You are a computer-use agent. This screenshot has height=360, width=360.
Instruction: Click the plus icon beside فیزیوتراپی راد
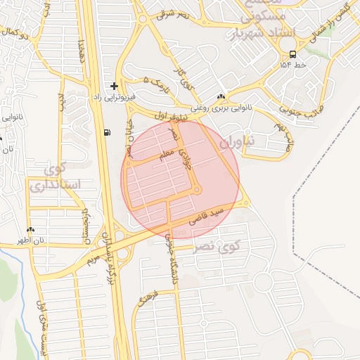pos(114,86)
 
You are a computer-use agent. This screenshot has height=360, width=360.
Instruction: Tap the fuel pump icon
pos(107,131)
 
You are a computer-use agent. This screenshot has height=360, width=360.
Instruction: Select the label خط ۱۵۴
pos(292,65)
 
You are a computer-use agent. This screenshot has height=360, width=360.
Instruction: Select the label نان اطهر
pos(31,240)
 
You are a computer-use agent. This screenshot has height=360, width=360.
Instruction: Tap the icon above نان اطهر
pos(30,230)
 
